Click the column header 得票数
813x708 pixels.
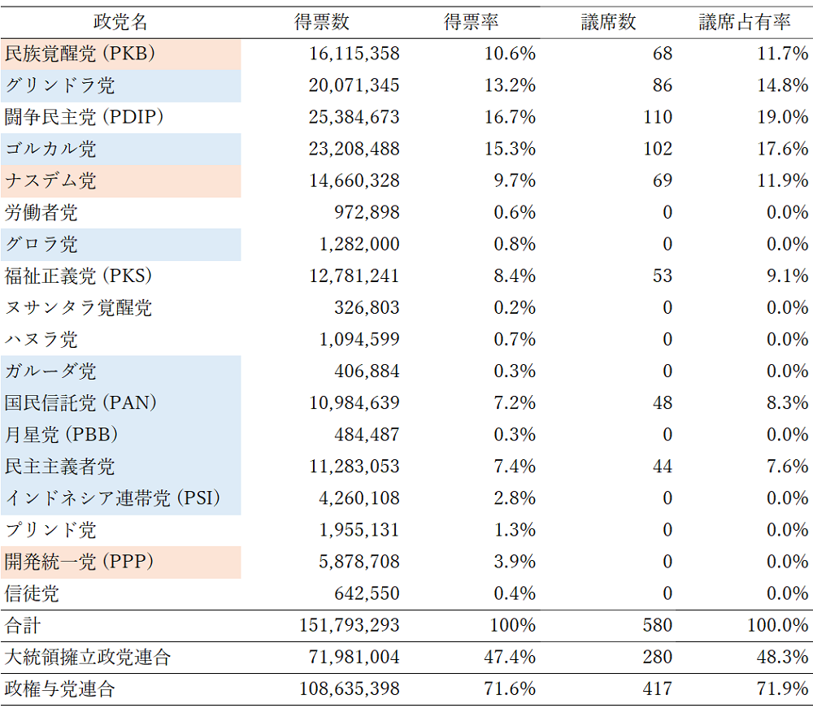tap(322, 23)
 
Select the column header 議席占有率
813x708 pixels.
tap(745, 23)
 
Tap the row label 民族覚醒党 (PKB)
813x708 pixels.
tap(80, 54)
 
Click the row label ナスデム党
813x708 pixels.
tap(50, 181)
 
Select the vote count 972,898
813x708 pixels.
tap(367, 213)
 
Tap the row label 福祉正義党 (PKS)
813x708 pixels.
tap(79, 276)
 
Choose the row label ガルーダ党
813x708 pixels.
tap(50, 371)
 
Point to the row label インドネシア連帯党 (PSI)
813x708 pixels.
tap(113, 498)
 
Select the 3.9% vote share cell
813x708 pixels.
tap(515, 562)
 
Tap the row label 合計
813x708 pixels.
tap(23, 626)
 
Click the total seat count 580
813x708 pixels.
tap(657, 626)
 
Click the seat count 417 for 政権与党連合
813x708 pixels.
tap(657, 689)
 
